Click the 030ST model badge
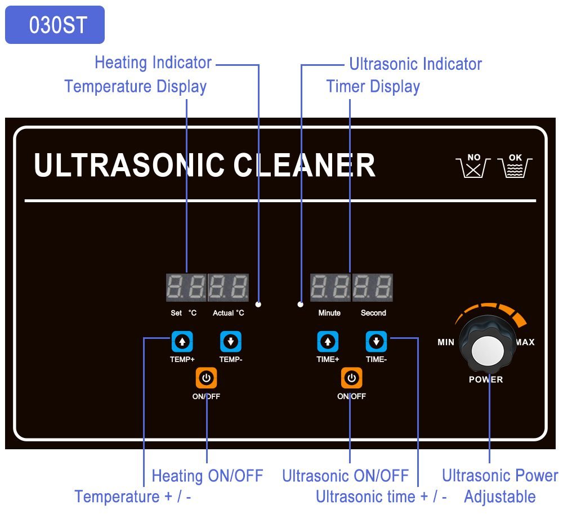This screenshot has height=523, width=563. (x=55, y=25)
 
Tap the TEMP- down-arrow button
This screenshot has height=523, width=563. (x=230, y=341)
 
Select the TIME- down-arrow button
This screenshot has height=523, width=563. (x=376, y=341)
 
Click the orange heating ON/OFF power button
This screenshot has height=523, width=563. (x=206, y=378)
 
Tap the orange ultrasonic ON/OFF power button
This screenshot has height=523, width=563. (x=351, y=378)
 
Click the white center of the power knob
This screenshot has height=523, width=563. (x=488, y=351)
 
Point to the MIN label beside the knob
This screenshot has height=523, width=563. (x=446, y=342)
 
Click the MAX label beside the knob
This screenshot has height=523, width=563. (x=525, y=342)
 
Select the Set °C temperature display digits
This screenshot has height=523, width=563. (x=186, y=288)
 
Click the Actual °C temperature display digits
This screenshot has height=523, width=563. (x=229, y=288)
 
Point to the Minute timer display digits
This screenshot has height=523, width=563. (x=330, y=288)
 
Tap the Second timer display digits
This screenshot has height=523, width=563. (x=373, y=288)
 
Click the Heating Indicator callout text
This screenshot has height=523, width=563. (x=153, y=62)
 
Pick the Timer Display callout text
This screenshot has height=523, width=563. (x=373, y=87)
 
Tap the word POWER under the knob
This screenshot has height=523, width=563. (x=486, y=379)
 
